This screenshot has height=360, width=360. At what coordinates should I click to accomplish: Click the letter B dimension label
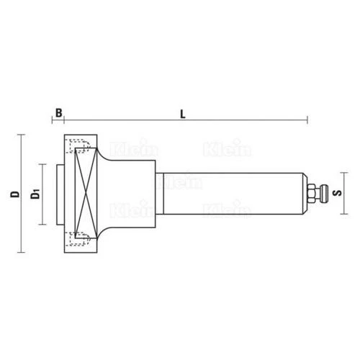[x=58, y=112]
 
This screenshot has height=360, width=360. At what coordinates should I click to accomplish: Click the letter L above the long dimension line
[x=184, y=112]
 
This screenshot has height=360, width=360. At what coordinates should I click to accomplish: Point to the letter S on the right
[x=340, y=193]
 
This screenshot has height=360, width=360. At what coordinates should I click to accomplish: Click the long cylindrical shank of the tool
[x=230, y=193]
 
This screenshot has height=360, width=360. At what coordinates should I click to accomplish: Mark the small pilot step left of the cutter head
[x=60, y=193]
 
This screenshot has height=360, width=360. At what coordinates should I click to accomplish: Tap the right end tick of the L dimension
[x=308, y=120]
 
